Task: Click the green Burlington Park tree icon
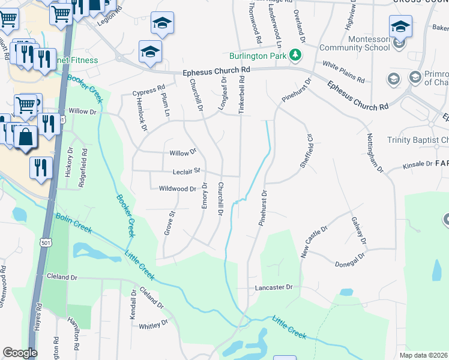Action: click(295, 55)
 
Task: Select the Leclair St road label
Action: click(186, 171)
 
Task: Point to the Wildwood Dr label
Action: click(178, 189)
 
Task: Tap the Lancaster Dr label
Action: click(273, 287)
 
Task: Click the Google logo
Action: click(20, 353)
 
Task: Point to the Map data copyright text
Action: click(424, 355)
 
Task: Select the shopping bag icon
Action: click(26, 137)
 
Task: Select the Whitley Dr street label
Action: click(154, 325)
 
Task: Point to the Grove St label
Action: click(169, 223)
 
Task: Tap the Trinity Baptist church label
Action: click(419, 140)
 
